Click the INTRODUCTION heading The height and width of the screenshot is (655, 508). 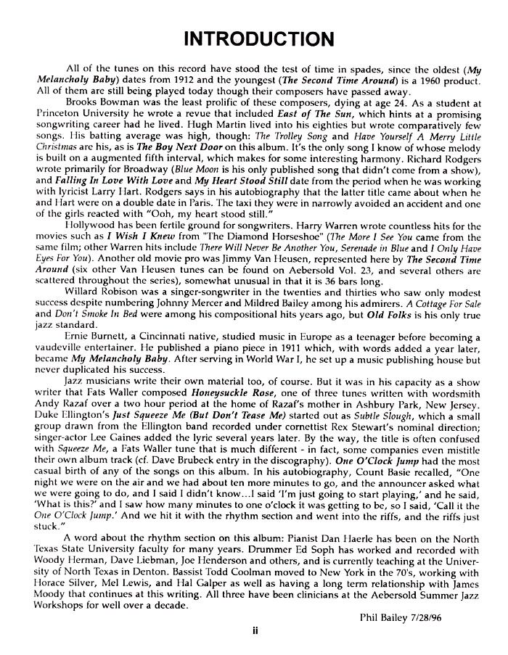click(x=254, y=38)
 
